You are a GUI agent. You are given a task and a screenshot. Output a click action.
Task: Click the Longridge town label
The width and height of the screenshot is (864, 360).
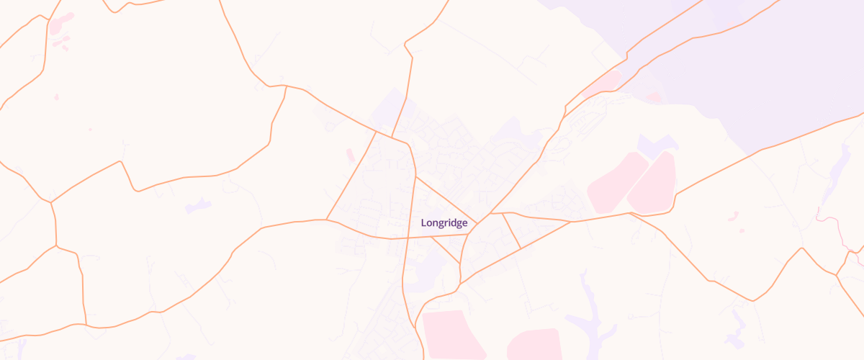(x=444, y=223)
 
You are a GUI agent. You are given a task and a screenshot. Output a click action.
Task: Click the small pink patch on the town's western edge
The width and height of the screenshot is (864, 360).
(x=351, y=156)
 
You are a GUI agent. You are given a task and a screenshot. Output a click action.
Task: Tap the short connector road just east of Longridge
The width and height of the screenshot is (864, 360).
(x=511, y=231)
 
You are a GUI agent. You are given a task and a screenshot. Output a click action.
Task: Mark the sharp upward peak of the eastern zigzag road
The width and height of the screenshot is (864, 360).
(x=801, y=248)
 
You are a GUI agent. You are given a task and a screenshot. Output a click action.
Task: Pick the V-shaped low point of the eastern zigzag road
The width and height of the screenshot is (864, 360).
(x=752, y=300)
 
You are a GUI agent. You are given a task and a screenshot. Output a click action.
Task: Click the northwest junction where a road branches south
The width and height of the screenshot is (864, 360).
(x=286, y=86)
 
